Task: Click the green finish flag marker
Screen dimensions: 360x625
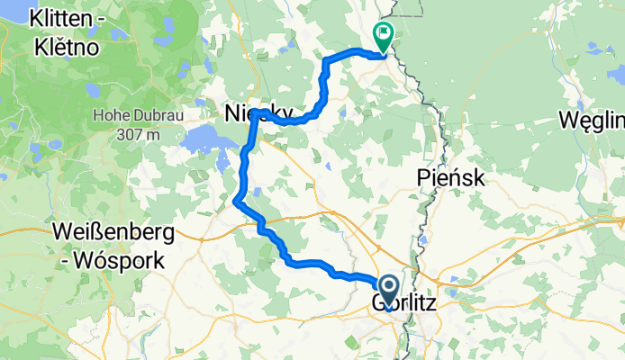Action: (384, 37)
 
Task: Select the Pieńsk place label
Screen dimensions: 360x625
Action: (452, 178)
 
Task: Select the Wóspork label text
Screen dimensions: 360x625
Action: (119, 262)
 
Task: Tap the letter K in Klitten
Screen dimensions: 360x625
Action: (36, 17)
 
